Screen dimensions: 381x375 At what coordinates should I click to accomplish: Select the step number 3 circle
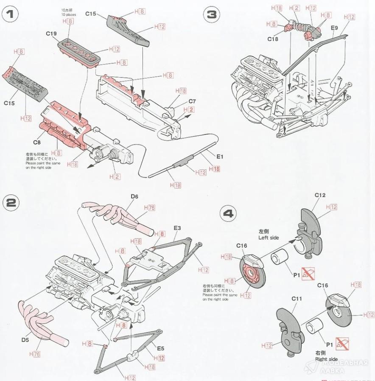coord(211,15)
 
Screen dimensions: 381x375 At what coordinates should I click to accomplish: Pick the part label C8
coord(37,143)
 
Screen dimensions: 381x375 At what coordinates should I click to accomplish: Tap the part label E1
coord(219,157)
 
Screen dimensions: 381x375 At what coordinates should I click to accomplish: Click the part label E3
coord(177,228)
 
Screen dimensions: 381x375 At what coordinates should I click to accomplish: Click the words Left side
coord(269,238)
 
